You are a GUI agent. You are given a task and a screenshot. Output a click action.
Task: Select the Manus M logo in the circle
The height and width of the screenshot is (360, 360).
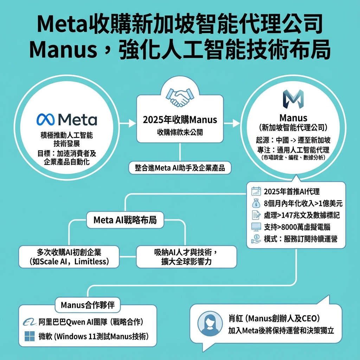pyautogui.click(x=293, y=99)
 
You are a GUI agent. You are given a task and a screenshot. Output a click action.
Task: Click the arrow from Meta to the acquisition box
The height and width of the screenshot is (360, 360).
pyautogui.click(x=128, y=123)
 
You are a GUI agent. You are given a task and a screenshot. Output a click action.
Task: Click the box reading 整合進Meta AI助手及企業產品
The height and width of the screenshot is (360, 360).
pyautogui.click(x=180, y=167)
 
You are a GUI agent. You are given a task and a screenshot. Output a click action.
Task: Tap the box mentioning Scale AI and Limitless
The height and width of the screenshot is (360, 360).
pyautogui.click(x=69, y=257)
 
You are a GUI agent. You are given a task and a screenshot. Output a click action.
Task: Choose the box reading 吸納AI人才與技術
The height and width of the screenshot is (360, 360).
pyautogui.click(x=186, y=257)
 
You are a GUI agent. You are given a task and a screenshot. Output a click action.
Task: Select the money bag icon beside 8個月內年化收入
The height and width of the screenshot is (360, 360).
pyautogui.click(x=256, y=203)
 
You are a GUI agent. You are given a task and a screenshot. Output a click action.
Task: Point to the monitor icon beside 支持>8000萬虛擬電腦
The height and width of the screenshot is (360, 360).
pyautogui.click(x=256, y=227)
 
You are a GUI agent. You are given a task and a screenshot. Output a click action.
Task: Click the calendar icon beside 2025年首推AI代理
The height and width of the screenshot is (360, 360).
pyautogui.click(x=256, y=192)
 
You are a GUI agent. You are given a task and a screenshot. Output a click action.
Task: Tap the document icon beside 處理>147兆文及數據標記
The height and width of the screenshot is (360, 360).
pyautogui.click(x=256, y=215)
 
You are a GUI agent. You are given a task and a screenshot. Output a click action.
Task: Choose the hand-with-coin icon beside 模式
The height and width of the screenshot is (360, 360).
pyautogui.click(x=256, y=239)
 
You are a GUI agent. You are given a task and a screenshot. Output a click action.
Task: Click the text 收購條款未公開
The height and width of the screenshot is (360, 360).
pyautogui.click(x=180, y=132)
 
